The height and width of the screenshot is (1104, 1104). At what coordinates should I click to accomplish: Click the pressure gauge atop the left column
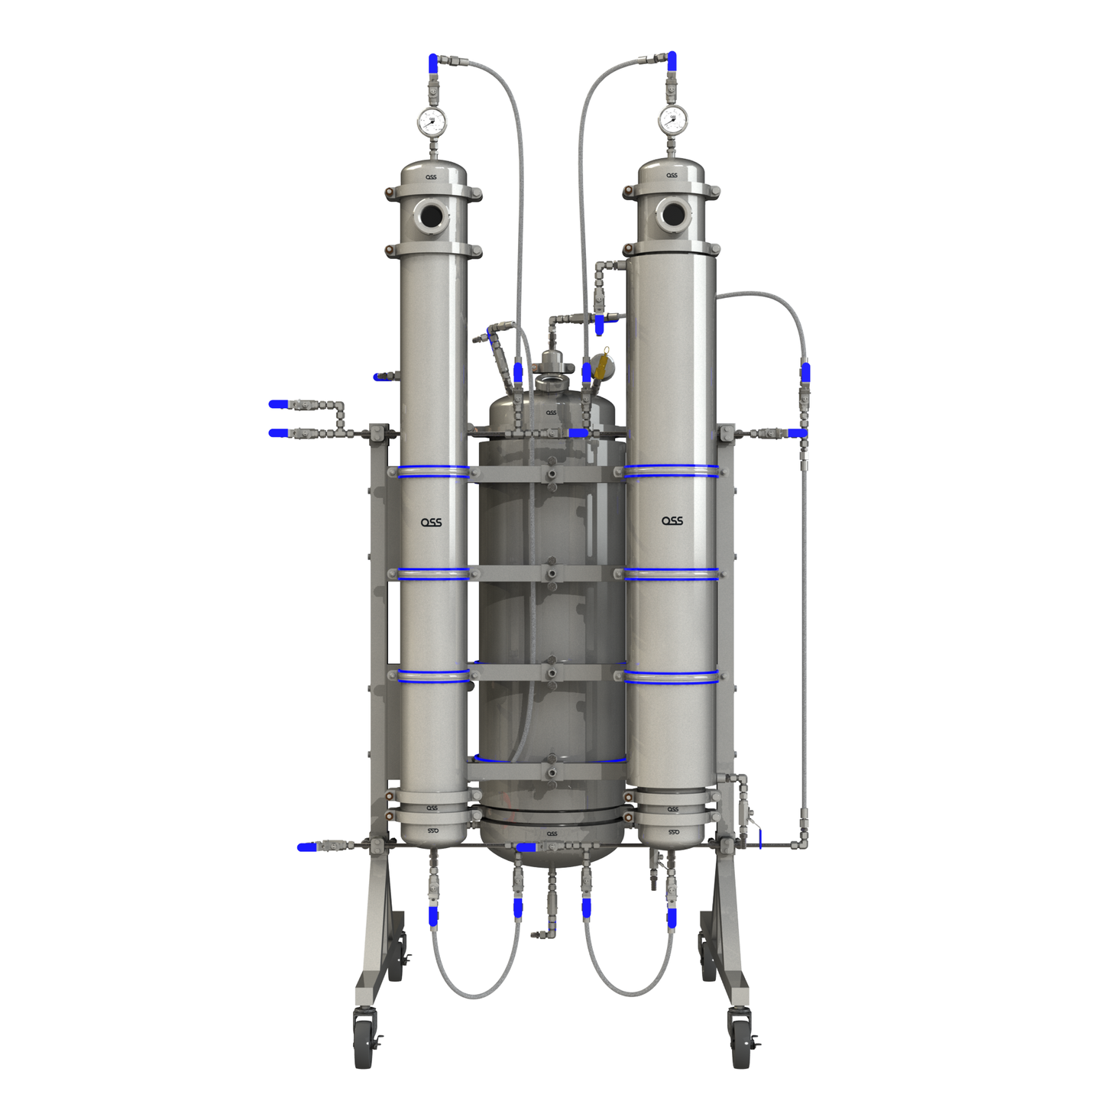point(431,121)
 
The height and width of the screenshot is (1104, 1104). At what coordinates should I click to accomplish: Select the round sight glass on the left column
point(431,216)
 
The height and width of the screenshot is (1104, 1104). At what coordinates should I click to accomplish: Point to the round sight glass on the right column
point(673,215)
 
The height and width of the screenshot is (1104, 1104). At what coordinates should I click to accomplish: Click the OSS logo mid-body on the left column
point(432,523)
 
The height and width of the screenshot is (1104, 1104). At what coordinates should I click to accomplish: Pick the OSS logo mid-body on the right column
point(672,521)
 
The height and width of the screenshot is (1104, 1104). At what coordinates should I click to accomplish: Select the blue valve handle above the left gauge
point(433,63)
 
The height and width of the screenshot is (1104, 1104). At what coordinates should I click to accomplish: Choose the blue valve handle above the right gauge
point(672,61)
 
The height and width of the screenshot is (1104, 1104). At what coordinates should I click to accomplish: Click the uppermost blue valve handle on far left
point(279,404)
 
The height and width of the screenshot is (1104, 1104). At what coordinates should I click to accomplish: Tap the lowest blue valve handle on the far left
point(306,847)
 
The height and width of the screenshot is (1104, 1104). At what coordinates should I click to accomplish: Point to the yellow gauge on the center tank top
point(604,364)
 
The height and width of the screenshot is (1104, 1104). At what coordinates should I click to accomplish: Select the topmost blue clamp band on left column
point(433,471)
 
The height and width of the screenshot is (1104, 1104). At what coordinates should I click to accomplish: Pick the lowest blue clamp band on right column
point(672,676)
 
